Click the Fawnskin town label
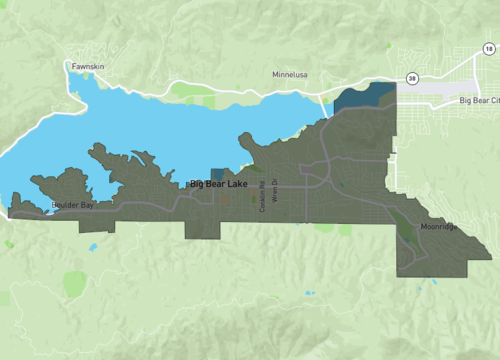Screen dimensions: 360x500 (88, 67)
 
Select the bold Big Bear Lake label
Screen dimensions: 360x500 (219, 185)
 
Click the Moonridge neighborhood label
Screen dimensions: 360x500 (439, 227)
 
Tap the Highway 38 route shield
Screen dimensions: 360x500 (412, 77)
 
